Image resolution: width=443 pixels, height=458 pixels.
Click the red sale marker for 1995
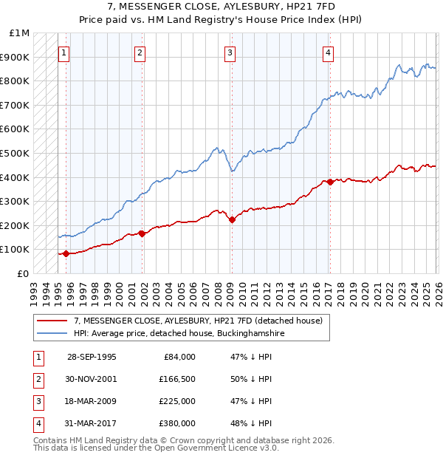coord(66,253)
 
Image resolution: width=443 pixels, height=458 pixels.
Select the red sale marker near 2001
coord(142,233)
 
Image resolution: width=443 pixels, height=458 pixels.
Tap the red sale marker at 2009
coord(232,219)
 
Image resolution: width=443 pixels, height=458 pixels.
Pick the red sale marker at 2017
coord(330,182)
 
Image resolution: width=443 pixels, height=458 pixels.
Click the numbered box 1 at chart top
coord(64,52)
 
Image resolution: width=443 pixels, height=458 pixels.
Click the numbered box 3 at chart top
coord(230,52)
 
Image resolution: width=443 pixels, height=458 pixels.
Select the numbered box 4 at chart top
coord(327,52)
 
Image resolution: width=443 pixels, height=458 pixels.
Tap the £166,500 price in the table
coord(176,379)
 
